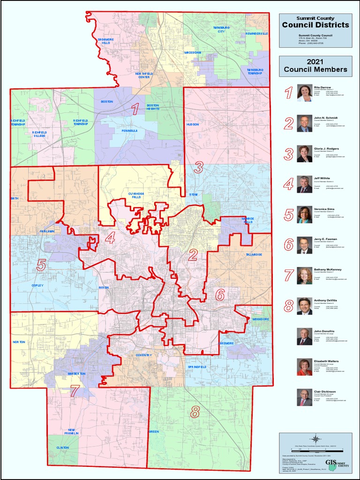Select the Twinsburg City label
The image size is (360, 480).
(222, 30)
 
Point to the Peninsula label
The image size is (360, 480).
(129, 131)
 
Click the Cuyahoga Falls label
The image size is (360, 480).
(138, 195)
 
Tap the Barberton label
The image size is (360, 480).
(76, 374)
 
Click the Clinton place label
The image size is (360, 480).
(62, 448)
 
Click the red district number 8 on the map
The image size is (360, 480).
(195, 412)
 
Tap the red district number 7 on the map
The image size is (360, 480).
(74, 390)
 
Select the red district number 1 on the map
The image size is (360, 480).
(135, 110)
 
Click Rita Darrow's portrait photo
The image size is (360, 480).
(304, 93)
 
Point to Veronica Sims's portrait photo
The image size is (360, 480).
(304, 214)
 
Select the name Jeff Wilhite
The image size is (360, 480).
(322, 178)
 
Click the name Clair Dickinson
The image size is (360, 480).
(324, 391)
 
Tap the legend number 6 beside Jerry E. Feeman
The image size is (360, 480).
(289, 245)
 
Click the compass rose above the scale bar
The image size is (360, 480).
(315, 438)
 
